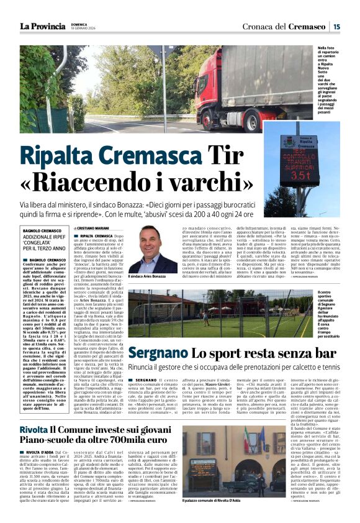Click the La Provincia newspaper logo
pos(42,26)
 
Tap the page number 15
pos(336,26)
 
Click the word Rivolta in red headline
pos(33,430)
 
